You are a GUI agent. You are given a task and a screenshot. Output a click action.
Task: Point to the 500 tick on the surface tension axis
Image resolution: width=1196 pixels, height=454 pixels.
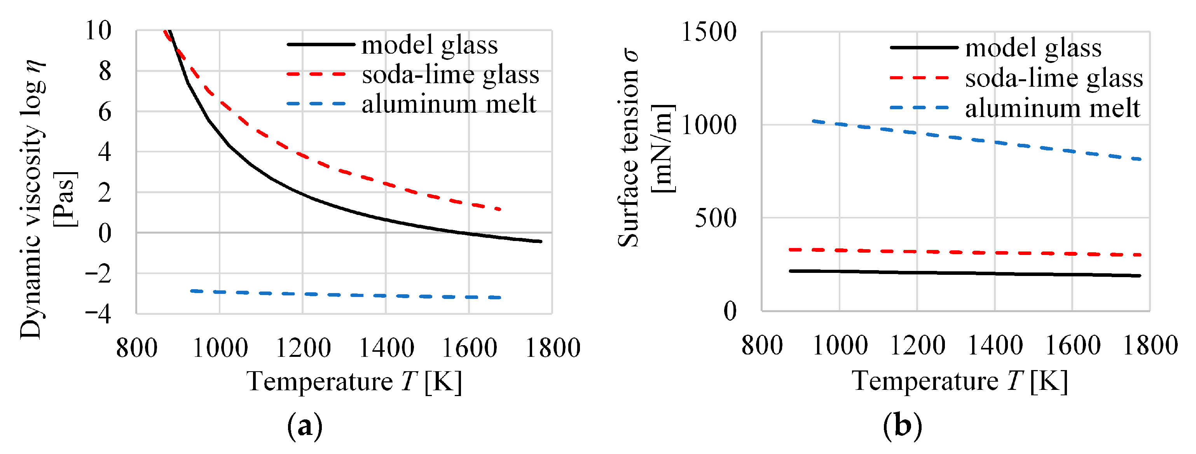click(x=716, y=218)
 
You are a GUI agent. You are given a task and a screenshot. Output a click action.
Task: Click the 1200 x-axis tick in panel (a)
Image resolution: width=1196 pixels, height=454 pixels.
click(x=303, y=348)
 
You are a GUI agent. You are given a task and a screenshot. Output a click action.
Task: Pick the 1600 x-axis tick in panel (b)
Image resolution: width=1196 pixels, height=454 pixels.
click(x=1072, y=346)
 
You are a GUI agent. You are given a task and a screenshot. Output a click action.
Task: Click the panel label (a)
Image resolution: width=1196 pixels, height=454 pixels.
click(x=305, y=425)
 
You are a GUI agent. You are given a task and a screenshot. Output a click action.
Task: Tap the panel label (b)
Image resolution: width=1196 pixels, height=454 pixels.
click(x=902, y=425)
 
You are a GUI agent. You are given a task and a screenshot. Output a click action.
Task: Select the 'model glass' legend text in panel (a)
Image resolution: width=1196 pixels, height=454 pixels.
click(x=430, y=45)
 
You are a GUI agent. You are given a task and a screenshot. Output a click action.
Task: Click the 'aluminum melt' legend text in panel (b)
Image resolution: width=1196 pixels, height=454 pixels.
click(x=1053, y=108)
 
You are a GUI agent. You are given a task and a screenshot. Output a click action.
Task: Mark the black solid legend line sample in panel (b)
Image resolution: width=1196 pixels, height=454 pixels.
click(x=924, y=47)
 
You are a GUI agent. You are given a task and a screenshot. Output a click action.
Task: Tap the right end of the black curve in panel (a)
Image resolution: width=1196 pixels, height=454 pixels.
click(x=540, y=241)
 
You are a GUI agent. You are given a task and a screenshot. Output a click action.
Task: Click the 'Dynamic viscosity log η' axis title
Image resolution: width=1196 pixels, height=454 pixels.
click(x=33, y=200)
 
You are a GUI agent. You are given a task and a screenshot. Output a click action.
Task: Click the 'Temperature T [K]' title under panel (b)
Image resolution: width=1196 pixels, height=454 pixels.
click(x=959, y=382)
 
